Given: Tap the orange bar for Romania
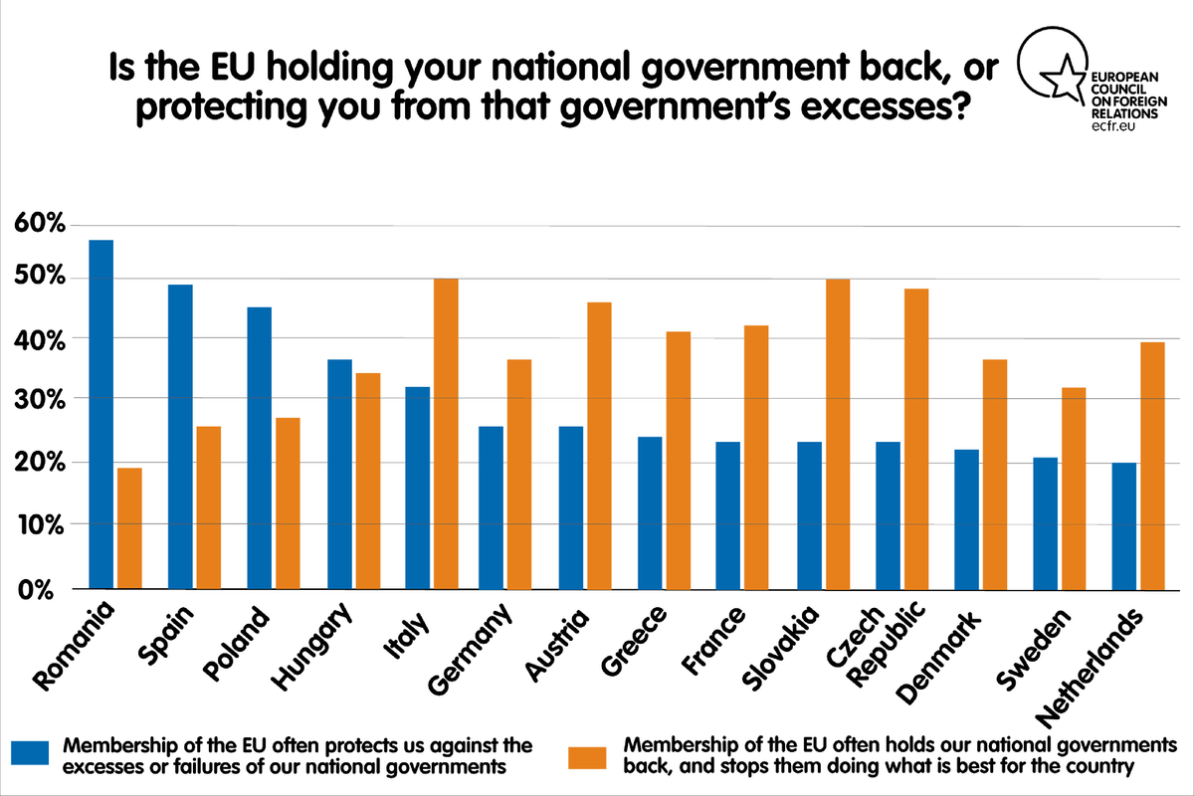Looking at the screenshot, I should tap(129, 527).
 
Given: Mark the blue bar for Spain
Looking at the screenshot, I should tap(180, 437).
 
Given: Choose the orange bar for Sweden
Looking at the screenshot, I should tap(1074, 488).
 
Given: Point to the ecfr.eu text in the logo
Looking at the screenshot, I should tap(1115, 128).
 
